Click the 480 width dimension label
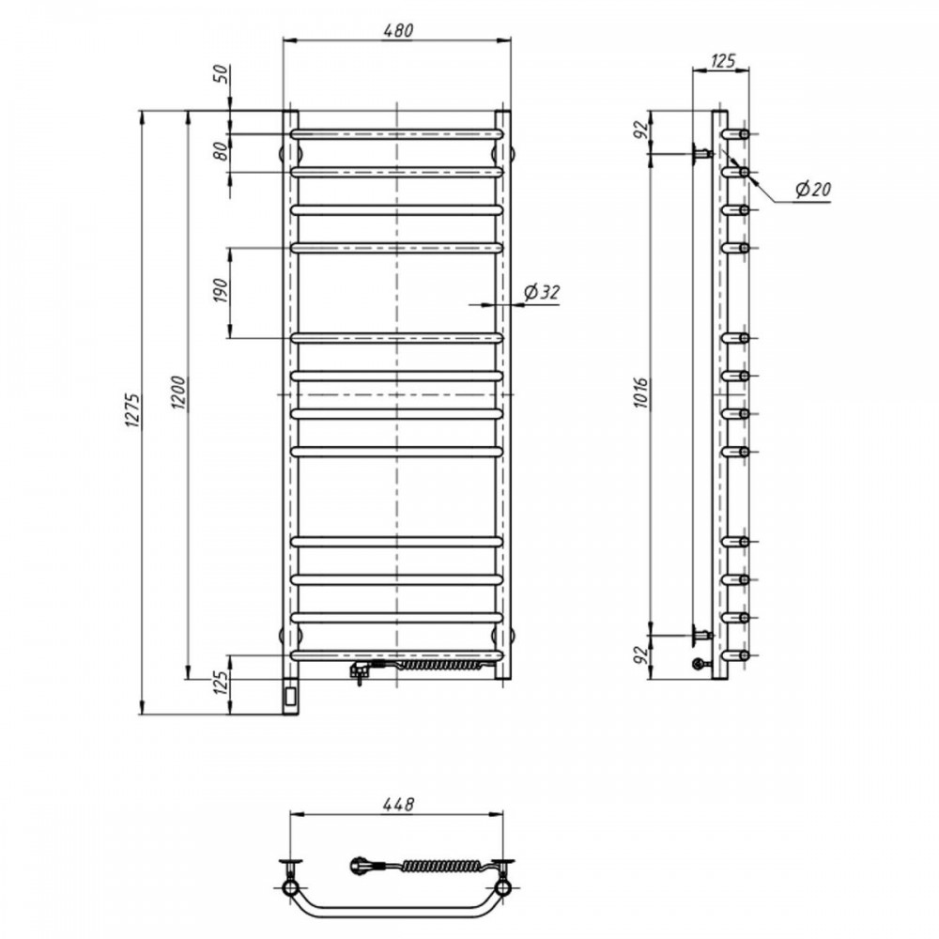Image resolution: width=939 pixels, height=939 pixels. click(398, 30)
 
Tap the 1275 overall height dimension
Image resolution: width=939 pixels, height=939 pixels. click(133, 411)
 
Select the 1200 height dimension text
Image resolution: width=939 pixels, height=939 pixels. click(179, 393)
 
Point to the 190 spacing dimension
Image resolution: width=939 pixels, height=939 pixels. click(221, 290)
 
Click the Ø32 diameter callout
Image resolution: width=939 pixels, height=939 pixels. click(542, 292)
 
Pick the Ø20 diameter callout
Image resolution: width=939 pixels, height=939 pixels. click(812, 190)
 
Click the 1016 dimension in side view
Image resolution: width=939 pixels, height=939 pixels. click(641, 393)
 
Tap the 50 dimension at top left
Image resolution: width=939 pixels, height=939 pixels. click(221, 73)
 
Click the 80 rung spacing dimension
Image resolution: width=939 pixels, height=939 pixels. click(221, 151)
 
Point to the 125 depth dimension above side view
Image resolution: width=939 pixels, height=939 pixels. click(722, 60)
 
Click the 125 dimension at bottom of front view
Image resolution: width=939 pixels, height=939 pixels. click(221, 683)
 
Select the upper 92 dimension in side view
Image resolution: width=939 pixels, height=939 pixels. click(641, 130)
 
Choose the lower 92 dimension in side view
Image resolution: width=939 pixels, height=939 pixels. click(641, 655)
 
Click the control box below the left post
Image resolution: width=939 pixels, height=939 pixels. click(290, 696)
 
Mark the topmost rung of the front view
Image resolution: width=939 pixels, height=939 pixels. click(397, 133)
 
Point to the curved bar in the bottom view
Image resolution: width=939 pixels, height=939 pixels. click(397, 906)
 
